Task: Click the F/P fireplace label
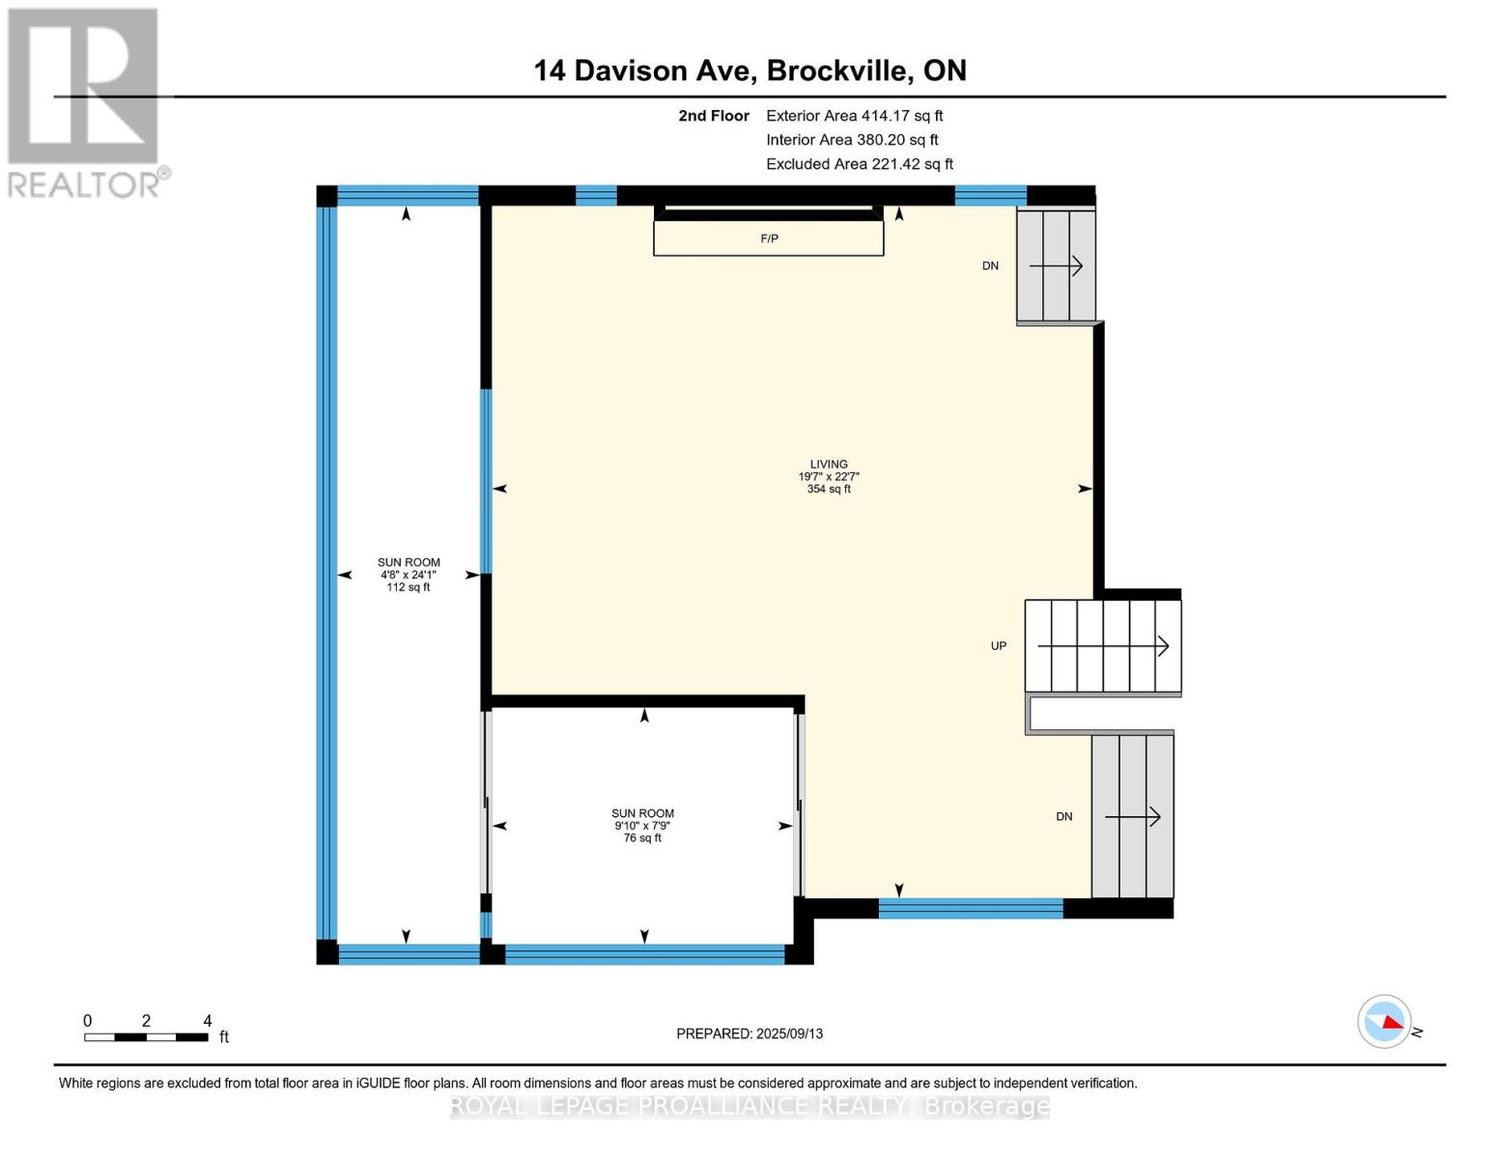[769, 239]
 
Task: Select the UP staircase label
[999, 646]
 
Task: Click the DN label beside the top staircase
[990, 266]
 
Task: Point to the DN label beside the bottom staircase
[1063, 817]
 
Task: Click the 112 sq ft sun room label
[409, 575]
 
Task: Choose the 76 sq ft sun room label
[642, 826]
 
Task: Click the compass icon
[1384, 1021]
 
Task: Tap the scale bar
[146, 1037]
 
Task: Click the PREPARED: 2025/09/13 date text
[750, 1033]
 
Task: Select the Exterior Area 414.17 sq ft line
[854, 116]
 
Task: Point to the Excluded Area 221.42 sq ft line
[860, 164]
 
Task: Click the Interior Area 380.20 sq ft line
[852, 140]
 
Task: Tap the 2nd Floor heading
[714, 116]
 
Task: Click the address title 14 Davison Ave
[750, 71]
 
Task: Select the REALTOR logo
[86, 101]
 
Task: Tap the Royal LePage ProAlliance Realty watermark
[750, 1106]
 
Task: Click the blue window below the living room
[971, 908]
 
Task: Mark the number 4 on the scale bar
[208, 1021]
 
